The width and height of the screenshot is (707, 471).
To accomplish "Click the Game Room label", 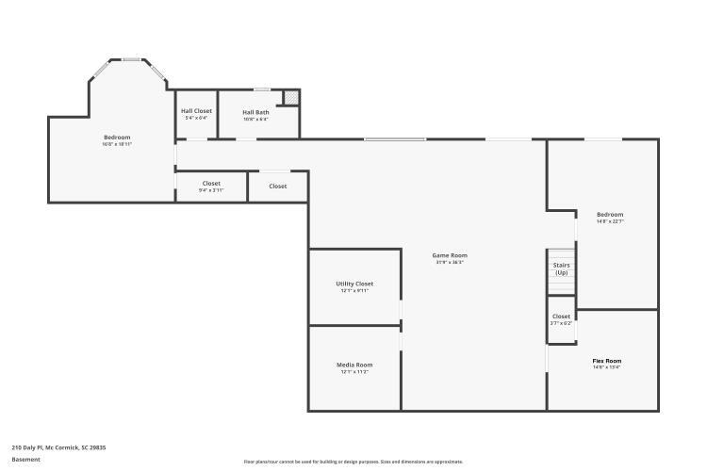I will pyautogui.click(x=450, y=255).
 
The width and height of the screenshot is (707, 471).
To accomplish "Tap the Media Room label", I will pyautogui.click(x=354, y=365).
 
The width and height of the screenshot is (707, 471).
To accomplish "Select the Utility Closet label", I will pyautogui.click(x=354, y=284).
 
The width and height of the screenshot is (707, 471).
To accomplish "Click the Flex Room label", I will pyautogui.click(x=606, y=361).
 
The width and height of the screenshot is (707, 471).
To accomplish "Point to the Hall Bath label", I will pyautogui.click(x=255, y=112).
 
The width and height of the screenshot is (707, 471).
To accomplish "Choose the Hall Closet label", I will pyautogui.click(x=196, y=111).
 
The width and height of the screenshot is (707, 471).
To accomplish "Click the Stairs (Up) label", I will pyautogui.click(x=561, y=268).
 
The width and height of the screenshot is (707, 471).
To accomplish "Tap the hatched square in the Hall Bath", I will pyautogui.click(x=292, y=97).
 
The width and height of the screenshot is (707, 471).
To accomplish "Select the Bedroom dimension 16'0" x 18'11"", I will pyautogui.click(x=117, y=144).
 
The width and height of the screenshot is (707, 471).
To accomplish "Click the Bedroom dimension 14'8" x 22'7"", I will pyautogui.click(x=610, y=221).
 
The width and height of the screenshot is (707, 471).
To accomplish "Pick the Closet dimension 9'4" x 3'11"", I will pyautogui.click(x=211, y=190).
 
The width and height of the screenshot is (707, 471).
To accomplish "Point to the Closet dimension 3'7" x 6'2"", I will pyautogui.click(x=561, y=323).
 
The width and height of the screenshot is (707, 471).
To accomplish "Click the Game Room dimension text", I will pyautogui.click(x=450, y=262).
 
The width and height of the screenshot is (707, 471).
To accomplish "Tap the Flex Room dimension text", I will pyautogui.click(x=606, y=368).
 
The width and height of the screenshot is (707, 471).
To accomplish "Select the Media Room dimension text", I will pyautogui.click(x=354, y=372).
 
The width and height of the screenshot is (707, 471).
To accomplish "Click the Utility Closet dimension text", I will pyautogui.click(x=354, y=291).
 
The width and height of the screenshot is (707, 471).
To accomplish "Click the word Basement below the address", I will pyautogui.click(x=25, y=460).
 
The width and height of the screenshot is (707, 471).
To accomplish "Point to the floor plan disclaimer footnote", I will pyautogui.click(x=353, y=462).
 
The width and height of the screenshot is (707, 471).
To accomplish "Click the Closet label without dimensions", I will pyautogui.click(x=278, y=187).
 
